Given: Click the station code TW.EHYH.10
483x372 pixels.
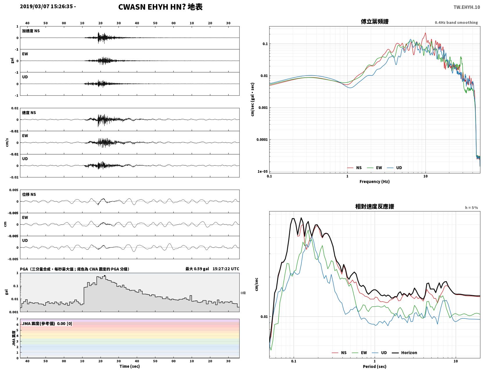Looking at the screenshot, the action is pyautogui.click(x=466, y=7).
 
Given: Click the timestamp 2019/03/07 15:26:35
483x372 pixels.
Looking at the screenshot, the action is pyautogui.click(x=46, y=6).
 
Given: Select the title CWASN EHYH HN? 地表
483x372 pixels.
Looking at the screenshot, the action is pyautogui.click(x=160, y=7).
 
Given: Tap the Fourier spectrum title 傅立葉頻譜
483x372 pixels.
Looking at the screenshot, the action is pyautogui.click(x=375, y=22).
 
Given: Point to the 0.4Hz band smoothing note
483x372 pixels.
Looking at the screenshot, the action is pyautogui.click(x=456, y=22).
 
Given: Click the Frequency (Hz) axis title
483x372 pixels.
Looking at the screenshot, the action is pyautogui.click(x=375, y=181).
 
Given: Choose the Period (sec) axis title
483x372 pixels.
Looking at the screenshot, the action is pyautogui.click(x=375, y=366).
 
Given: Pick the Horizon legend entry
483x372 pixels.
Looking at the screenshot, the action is pyautogui.click(x=409, y=353).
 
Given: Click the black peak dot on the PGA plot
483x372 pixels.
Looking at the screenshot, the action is pyautogui.click(x=105, y=276).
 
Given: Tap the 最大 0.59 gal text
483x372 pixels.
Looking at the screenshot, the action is pyautogui.click(x=197, y=269).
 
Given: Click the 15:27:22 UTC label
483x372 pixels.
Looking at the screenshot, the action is pyautogui.click(x=226, y=269).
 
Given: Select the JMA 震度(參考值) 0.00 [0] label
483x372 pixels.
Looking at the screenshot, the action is pyautogui.click(x=47, y=323).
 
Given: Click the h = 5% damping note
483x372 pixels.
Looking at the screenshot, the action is pyautogui.click(x=471, y=208).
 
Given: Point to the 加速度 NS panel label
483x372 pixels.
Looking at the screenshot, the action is pyautogui.click(x=31, y=31).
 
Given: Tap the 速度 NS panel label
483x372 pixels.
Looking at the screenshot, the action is pyautogui.click(x=29, y=113).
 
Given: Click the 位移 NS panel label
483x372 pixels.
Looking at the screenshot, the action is pyautogui.click(x=29, y=194).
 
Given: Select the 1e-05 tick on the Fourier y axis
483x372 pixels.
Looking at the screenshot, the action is pyautogui.click(x=263, y=171).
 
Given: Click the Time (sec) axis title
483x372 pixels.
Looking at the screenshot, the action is pyautogui.click(x=130, y=366).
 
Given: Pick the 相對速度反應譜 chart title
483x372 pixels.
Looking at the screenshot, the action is pyautogui.click(x=375, y=207).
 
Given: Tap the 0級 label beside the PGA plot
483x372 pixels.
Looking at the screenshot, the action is pyautogui.click(x=243, y=293).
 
